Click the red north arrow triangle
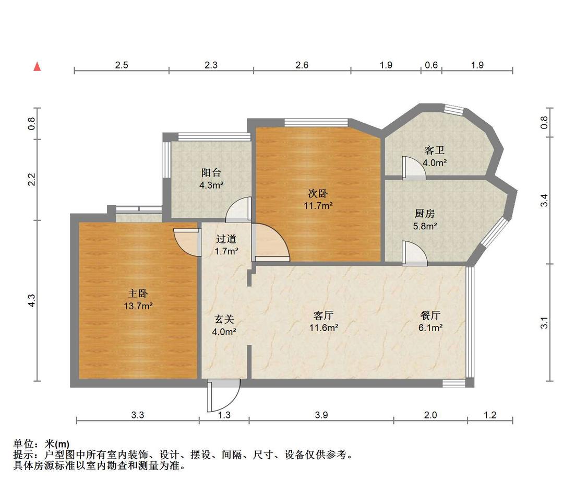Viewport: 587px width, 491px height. coord(37,66)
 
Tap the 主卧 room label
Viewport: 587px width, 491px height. coord(138,294)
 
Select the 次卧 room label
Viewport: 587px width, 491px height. coord(318,193)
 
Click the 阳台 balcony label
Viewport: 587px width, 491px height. coord(211,173)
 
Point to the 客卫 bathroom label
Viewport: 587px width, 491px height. coord(434,150)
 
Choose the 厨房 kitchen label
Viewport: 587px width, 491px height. coord(425,214)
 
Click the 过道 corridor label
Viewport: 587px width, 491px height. coord(226,239)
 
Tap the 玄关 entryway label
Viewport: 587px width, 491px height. coord(224,319)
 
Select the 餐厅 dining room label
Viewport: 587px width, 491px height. coord(430,315)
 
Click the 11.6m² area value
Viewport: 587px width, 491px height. coord(324,328)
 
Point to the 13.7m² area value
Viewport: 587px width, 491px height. coord(138,306)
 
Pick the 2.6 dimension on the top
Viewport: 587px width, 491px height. coord(302,65)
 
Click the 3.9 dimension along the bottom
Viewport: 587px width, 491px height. coord(321,415)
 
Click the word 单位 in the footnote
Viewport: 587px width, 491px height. coord(23,444)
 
